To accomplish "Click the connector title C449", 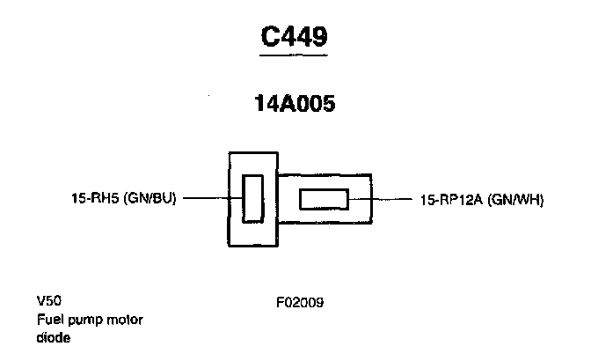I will (295, 36).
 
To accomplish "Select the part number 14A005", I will (295, 103).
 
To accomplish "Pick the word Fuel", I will (49, 319).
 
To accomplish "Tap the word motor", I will (124, 319).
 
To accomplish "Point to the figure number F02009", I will (300, 303).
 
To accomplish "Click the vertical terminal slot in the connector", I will (252, 198).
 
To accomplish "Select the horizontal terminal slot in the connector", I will (325, 200).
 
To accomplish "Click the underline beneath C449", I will (295, 55).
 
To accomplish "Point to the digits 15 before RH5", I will (77, 198).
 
